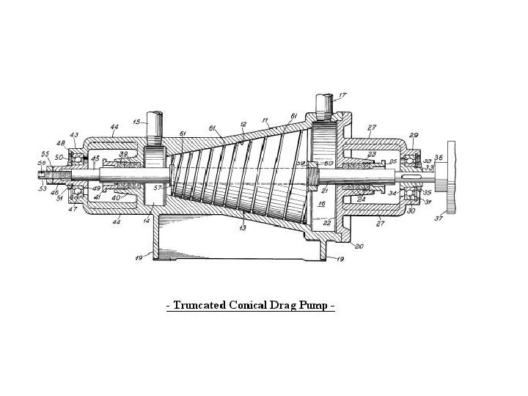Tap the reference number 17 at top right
click(x=342, y=95)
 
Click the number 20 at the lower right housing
click(x=359, y=246)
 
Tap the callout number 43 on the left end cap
click(x=74, y=135)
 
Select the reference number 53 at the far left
click(x=43, y=189)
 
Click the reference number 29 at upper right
click(x=414, y=136)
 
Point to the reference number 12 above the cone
click(x=243, y=125)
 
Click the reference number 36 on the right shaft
click(x=439, y=156)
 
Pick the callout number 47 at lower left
click(x=73, y=209)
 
